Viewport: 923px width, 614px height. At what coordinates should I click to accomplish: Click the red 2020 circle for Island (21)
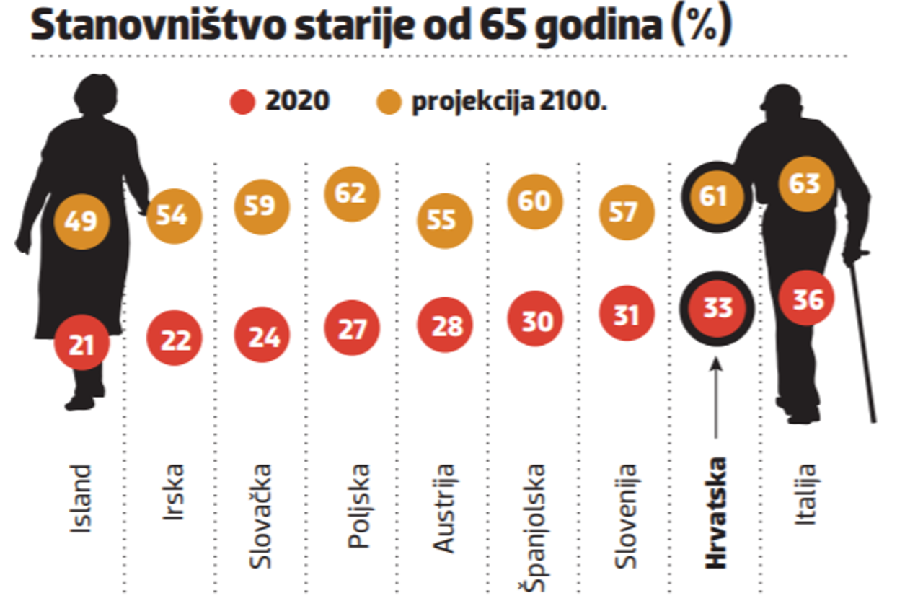pyautogui.click(x=81, y=346)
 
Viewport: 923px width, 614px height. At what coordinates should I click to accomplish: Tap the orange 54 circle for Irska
pyautogui.click(x=174, y=215)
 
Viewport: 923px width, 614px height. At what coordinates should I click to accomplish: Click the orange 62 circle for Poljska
pyautogui.click(x=351, y=194)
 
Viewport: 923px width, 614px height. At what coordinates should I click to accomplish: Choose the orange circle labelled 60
pyautogui.click(x=534, y=201)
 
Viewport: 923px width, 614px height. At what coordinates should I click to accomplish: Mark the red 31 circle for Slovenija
pyautogui.click(x=626, y=313)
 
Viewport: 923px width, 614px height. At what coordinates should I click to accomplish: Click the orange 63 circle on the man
pyautogui.click(x=805, y=183)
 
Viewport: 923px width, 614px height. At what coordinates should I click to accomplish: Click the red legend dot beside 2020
pyautogui.click(x=243, y=102)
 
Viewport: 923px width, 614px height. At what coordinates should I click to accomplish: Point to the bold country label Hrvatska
pyautogui.click(x=717, y=512)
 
